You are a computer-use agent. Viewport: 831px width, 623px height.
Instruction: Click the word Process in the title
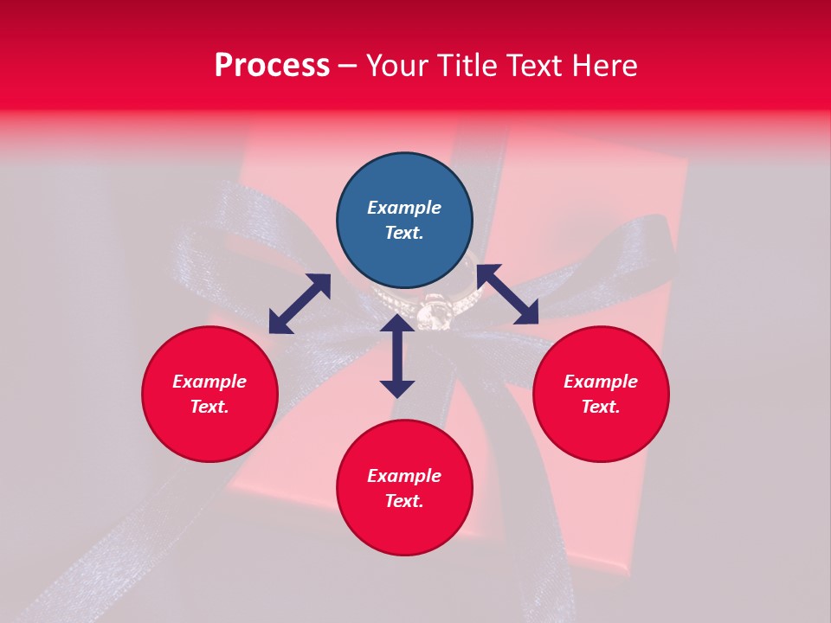[272, 66]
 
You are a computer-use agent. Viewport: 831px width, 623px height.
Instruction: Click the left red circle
[209, 394]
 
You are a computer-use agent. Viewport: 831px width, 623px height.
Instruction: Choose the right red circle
[601, 394]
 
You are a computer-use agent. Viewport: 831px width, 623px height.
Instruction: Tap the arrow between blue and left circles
[300, 304]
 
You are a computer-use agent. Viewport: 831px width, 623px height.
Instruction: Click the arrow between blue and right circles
[507, 294]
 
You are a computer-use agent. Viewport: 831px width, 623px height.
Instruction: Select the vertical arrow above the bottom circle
[397, 356]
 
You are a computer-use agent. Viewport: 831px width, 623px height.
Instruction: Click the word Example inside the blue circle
[404, 208]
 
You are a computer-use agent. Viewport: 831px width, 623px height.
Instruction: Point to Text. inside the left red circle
[209, 407]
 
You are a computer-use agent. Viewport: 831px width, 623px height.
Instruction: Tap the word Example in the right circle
[601, 382]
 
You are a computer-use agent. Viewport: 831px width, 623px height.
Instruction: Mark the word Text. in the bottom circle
[404, 501]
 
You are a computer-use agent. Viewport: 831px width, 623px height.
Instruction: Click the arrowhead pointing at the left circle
[279, 324]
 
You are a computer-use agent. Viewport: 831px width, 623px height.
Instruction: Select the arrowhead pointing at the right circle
[526, 313]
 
